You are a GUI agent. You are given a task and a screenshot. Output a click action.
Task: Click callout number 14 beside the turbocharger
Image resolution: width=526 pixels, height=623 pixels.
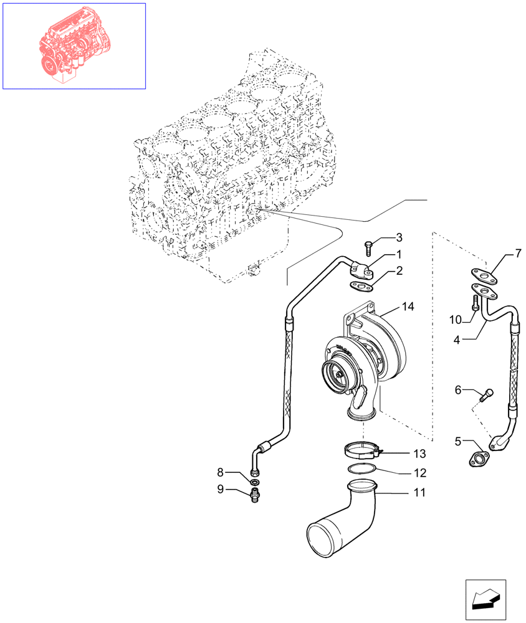pos(408,307)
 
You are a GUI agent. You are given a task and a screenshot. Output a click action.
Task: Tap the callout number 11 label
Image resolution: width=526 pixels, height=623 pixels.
pos(419,492)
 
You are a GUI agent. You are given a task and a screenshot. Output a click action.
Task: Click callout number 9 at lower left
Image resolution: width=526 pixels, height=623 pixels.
pos(220,489)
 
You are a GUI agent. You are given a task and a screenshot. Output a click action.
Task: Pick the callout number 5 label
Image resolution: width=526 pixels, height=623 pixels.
pos(458,441)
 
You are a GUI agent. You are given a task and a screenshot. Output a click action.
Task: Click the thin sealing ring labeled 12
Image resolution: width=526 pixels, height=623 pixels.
pos(362,468)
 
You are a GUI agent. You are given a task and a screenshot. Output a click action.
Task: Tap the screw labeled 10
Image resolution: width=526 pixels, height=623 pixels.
pos(476,306)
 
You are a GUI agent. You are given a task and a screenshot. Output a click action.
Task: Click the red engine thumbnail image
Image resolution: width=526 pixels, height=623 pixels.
pos(74,45)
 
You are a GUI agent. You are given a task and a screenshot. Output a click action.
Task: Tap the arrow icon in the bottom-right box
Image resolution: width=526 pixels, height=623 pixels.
pos(485,600)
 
